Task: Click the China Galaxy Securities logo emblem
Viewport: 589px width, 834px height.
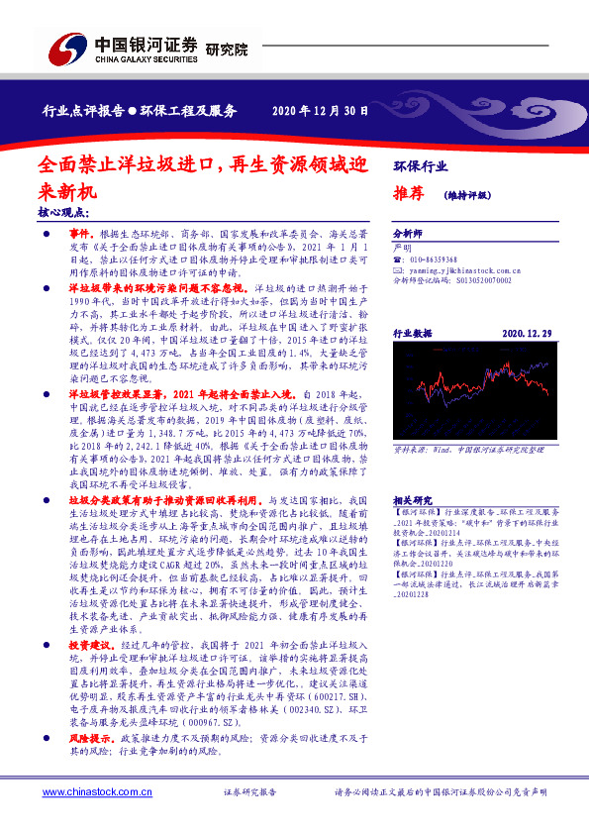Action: [x=67, y=47]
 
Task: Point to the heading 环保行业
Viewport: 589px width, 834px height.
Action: [x=420, y=164]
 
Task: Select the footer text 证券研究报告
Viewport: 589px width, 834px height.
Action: [x=249, y=792]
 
